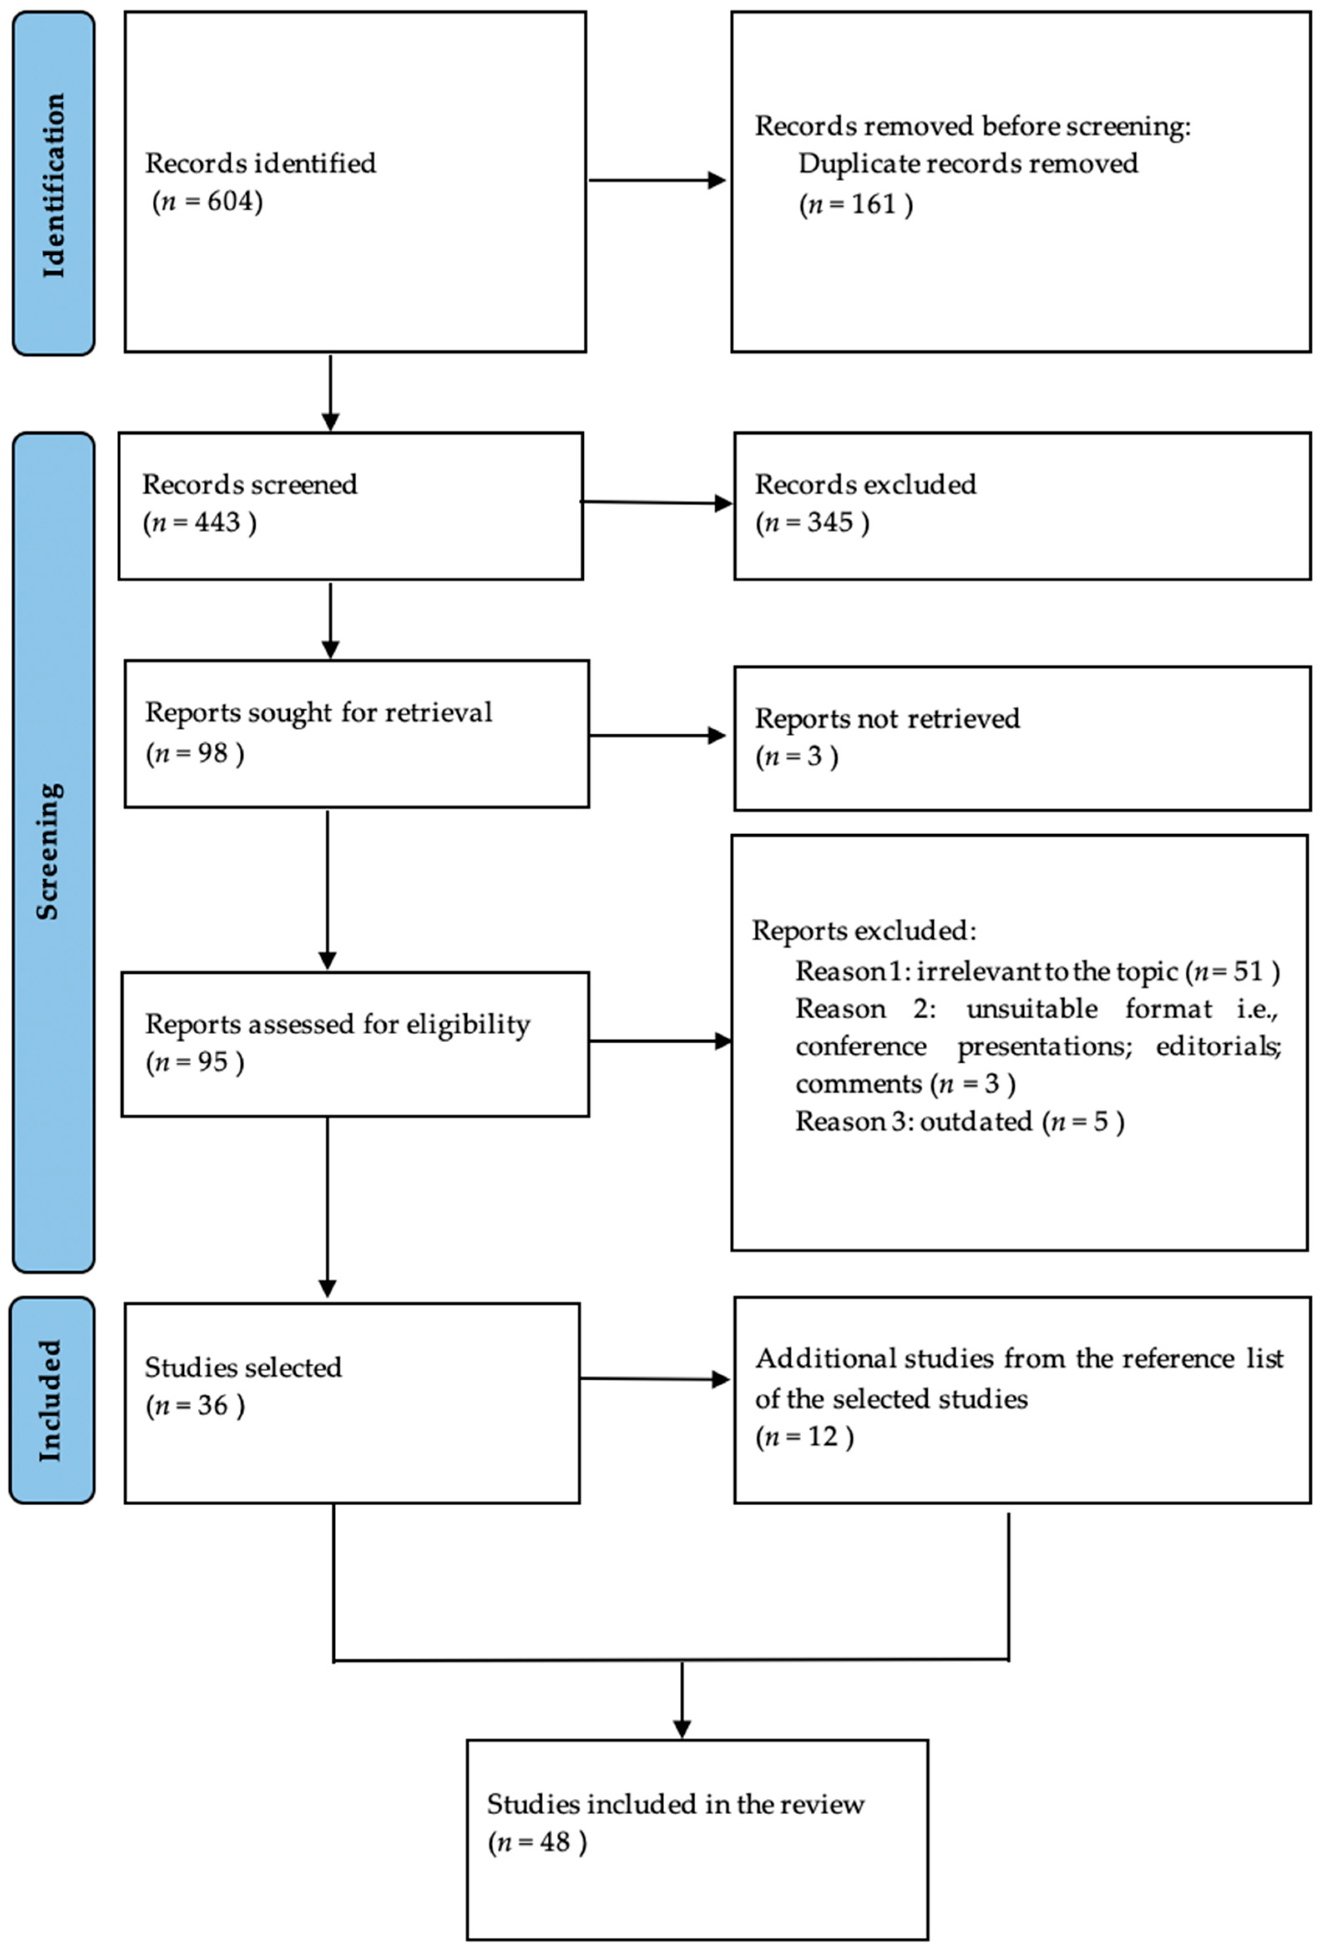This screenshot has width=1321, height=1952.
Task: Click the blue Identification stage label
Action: pyautogui.click(x=53, y=183)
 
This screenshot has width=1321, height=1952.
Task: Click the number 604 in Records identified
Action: pyautogui.click(x=229, y=202)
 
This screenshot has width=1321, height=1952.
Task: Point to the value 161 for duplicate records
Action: pyautogui.click(x=873, y=204)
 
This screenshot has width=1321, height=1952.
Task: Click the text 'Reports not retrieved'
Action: pyautogui.click(x=887, y=718)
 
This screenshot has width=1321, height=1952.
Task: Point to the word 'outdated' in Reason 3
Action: pyautogui.click(x=976, y=1122)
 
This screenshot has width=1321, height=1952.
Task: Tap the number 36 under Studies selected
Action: pyautogui.click(x=213, y=1405)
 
